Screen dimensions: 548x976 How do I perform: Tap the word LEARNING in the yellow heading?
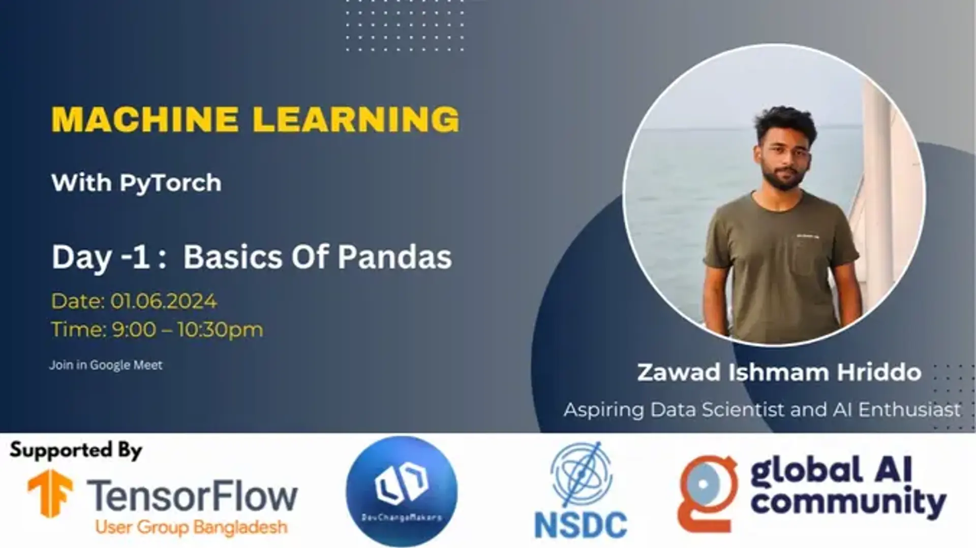(x=356, y=120)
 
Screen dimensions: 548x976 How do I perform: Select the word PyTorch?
(x=170, y=183)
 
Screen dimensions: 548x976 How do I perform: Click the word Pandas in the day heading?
(x=394, y=257)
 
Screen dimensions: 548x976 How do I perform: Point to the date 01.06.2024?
(x=163, y=301)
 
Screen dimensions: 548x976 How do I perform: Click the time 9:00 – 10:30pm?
(x=187, y=330)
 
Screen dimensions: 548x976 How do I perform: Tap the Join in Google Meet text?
(x=106, y=365)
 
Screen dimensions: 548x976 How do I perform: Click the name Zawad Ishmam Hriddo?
(x=779, y=372)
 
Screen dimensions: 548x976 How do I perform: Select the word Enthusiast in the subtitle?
(x=909, y=410)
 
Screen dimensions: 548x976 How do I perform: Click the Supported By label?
(x=76, y=450)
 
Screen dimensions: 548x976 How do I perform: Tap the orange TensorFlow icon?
(x=50, y=493)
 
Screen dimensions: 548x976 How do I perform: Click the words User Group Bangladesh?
(x=191, y=528)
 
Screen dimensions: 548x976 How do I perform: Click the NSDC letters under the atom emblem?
(x=581, y=525)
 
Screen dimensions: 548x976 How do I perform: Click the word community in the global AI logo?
(x=848, y=502)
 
